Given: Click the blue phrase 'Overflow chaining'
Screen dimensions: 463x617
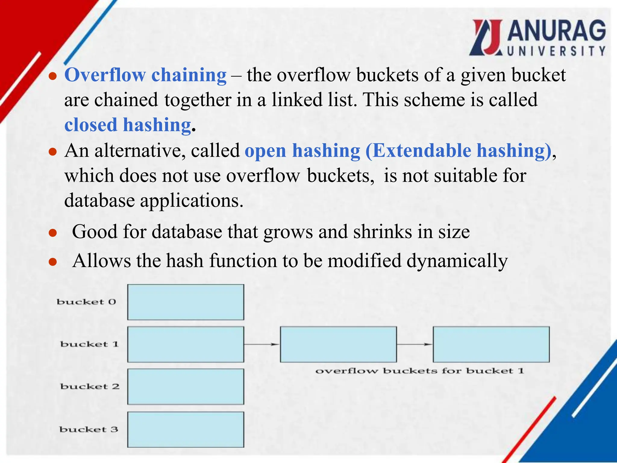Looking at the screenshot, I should point(145,75).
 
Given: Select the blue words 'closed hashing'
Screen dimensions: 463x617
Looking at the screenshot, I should point(128,125).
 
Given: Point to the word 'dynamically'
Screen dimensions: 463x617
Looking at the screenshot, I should point(457,261).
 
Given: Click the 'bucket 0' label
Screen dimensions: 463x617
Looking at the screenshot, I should point(86,302).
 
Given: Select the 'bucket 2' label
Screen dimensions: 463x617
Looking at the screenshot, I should point(90,386).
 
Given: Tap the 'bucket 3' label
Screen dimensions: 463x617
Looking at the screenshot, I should point(89,429).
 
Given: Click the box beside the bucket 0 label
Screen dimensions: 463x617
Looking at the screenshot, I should point(186,302).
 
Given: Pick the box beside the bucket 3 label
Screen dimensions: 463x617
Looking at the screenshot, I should point(186,430).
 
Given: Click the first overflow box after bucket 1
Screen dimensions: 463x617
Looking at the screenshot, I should point(338,344).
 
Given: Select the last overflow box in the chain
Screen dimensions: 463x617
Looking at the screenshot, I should point(491,344).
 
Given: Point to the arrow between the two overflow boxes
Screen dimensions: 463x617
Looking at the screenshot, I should point(415,344).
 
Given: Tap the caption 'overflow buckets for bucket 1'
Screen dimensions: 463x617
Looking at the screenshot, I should point(420,371).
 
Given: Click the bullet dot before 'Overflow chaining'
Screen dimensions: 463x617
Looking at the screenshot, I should point(53,76).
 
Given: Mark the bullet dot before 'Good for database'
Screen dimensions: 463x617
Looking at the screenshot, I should point(53,233).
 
